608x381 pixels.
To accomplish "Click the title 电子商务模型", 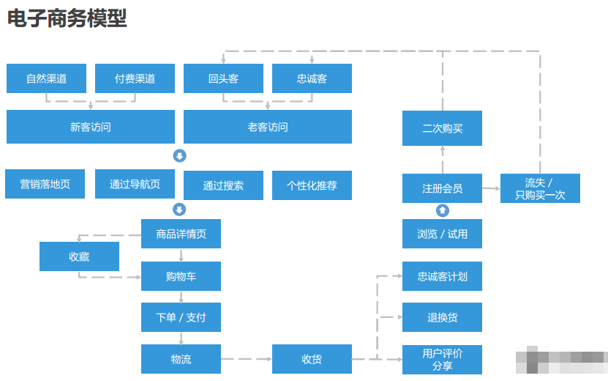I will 67,19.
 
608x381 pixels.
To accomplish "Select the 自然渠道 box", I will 46,78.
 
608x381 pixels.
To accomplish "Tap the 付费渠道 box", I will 135,78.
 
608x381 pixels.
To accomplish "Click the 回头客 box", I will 223,78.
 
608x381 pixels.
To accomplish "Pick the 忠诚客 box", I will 312,78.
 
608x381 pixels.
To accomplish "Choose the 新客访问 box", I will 91,127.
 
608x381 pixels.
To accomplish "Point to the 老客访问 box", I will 267,127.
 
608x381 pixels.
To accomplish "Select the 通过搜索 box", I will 223,185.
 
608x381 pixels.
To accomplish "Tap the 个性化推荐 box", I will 312,185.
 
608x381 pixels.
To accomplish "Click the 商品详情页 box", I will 181,234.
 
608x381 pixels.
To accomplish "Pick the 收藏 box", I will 79,256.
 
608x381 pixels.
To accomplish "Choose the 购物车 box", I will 181,276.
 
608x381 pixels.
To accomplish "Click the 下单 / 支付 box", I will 181,317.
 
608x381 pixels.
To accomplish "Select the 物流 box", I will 181,359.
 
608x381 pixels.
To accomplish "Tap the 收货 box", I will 312,359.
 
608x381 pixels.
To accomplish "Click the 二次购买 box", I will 442,128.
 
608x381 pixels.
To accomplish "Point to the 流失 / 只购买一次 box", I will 540,188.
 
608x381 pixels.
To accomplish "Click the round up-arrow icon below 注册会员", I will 442,211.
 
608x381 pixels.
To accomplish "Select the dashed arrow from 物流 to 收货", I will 246,359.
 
